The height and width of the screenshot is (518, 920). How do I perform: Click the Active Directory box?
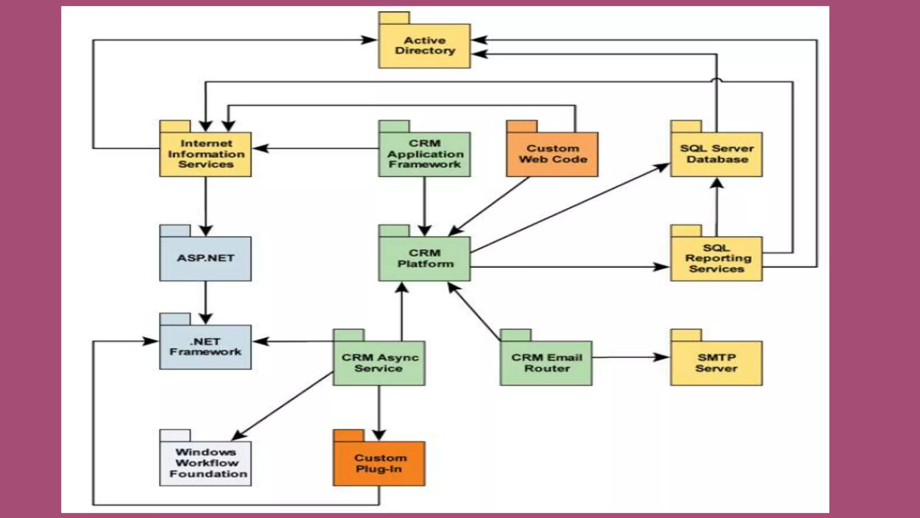(425, 46)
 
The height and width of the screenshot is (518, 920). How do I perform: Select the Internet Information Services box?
(205, 154)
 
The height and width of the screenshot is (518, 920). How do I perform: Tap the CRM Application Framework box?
(425, 154)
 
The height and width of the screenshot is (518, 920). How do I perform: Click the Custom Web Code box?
(552, 154)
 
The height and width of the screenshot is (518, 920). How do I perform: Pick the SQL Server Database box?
(717, 154)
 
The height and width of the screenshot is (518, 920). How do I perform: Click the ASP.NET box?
(205, 259)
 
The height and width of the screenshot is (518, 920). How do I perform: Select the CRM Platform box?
(425, 259)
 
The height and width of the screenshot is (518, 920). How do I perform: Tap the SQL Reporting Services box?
(717, 259)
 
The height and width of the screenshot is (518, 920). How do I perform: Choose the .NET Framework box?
(205, 347)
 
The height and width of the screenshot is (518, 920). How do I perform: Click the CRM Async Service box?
(379, 363)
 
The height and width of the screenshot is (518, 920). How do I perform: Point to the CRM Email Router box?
(546, 363)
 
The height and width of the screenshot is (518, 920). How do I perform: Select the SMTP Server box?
(717, 363)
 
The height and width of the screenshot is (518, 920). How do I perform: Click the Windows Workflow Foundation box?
(205, 463)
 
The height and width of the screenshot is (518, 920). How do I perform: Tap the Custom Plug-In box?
(379, 463)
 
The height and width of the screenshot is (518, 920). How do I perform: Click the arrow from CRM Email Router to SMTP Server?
(631, 357)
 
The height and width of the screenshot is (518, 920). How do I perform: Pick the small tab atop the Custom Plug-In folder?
(349, 435)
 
